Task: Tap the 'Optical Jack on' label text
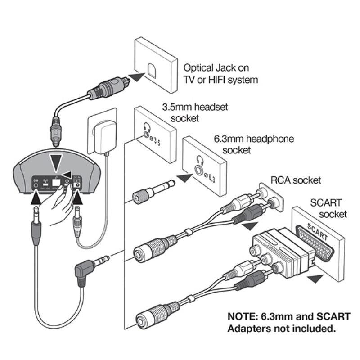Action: click(216, 68)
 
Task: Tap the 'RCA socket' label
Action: click(295, 180)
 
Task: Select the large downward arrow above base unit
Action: click(56, 161)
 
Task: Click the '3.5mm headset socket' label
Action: click(195, 112)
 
